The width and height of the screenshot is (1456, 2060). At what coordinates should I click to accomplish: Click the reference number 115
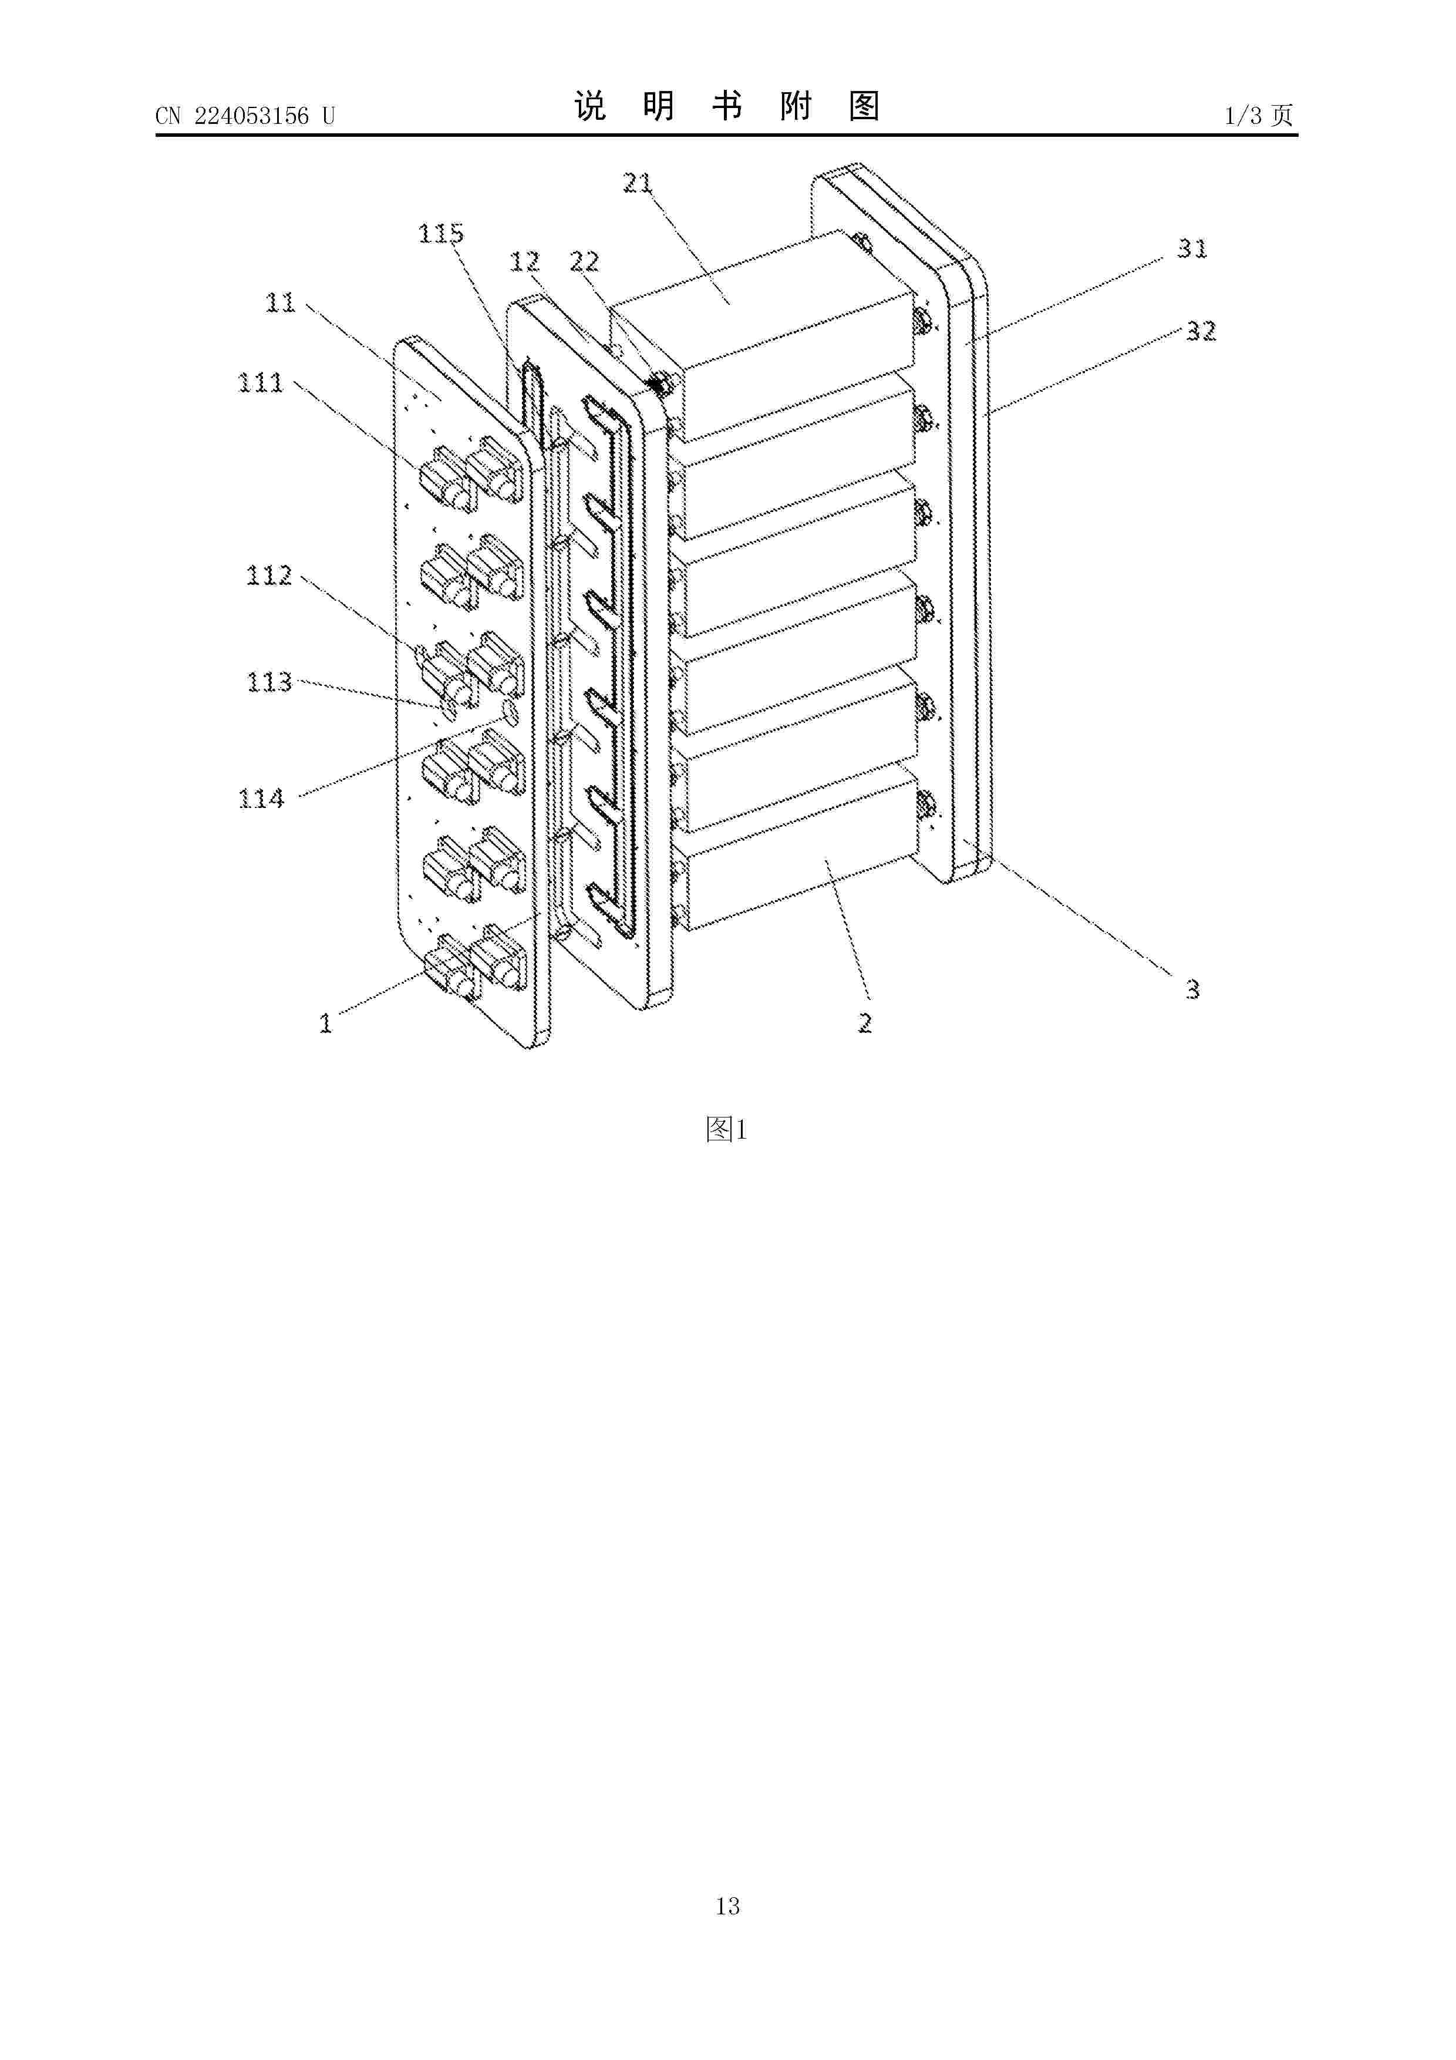click(440, 234)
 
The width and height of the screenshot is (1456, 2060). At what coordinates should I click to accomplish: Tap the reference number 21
click(638, 183)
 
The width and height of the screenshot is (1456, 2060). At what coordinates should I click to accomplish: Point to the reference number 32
click(1201, 331)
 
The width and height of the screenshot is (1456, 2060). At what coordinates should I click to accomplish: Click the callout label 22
click(584, 261)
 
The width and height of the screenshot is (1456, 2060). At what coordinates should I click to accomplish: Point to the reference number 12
click(525, 261)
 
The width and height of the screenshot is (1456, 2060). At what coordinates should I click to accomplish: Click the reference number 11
click(280, 302)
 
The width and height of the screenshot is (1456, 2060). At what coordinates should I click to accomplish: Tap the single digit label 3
click(1192, 989)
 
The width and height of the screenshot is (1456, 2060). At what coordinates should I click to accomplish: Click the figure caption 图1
click(727, 1130)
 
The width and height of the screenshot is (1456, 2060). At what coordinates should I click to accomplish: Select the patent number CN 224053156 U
click(245, 116)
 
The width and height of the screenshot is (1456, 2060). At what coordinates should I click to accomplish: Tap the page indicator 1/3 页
click(1259, 116)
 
